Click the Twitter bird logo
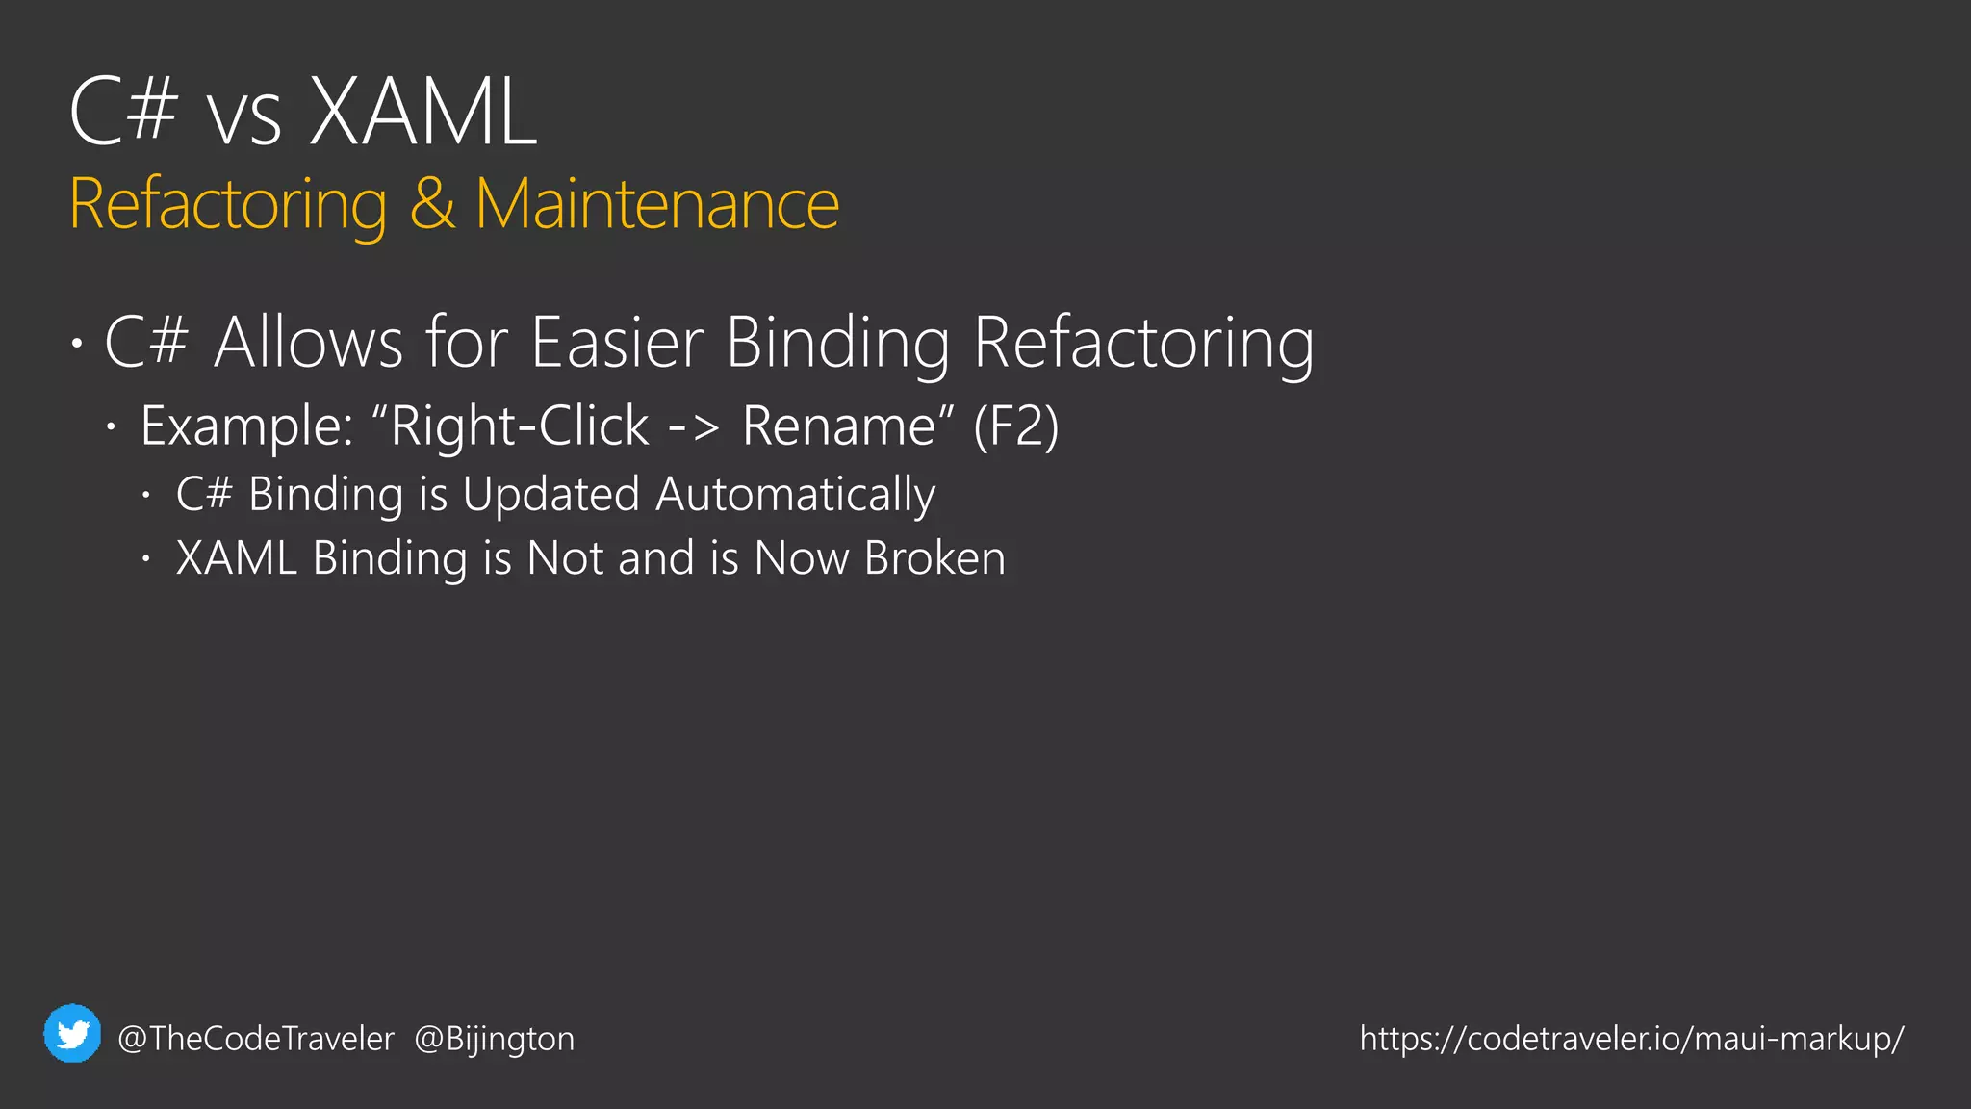tap(72, 1034)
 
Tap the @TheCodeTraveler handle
tap(256, 1039)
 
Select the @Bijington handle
tap(494, 1039)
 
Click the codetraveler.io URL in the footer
tap(1631, 1039)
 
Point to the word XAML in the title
tap(422, 113)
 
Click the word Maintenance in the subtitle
tap(657, 204)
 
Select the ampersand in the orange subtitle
tap(432, 204)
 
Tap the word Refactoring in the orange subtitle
tap(228, 204)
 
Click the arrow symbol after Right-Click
tap(693, 426)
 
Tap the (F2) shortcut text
tap(1016, 426)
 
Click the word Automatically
tap(795, 495)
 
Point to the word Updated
tap(550, 495)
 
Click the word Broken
tap(934, 558)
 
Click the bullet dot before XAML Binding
tap(145, 558)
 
